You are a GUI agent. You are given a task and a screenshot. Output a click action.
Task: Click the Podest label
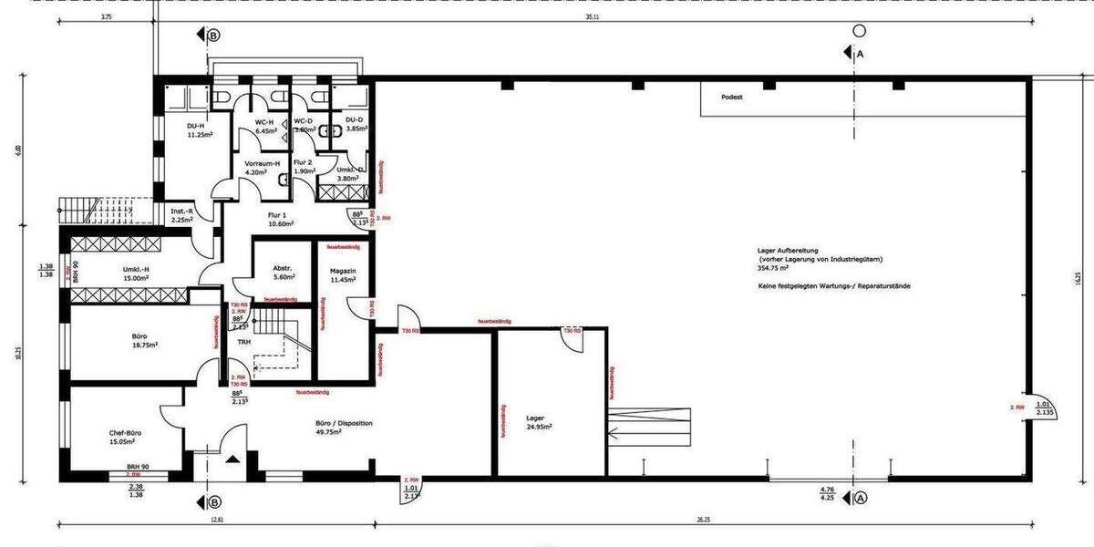click(731, 96)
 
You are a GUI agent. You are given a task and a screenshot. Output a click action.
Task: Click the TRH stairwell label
click(243, 343)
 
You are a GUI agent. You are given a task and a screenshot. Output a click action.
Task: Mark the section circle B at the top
click(214, 36)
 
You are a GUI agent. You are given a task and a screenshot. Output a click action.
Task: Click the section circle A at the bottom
click(859, 498)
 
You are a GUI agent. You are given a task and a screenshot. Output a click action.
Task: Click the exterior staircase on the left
click(95, 209)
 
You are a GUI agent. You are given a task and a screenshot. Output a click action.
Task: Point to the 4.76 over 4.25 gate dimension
click(828, 493)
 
